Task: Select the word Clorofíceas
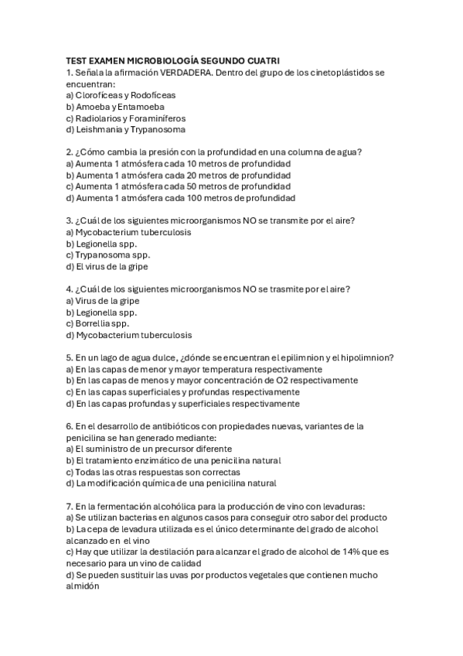click(x=100, y=95)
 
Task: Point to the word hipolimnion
click(x=366, y=358)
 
